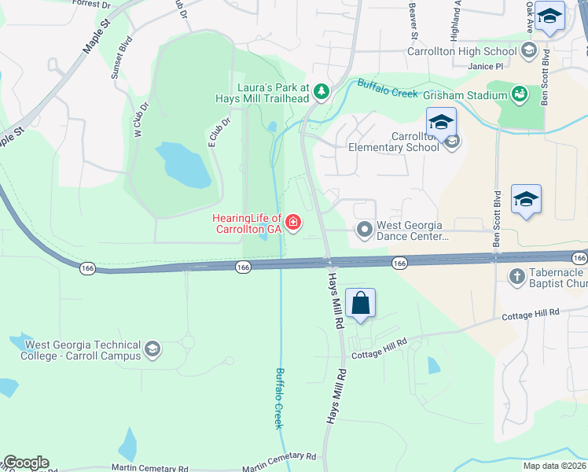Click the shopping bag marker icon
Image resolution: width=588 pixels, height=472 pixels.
click(360, 304)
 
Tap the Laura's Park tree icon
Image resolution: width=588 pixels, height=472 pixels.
click(321, 92)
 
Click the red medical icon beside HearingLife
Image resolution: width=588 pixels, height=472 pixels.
click(293, 224)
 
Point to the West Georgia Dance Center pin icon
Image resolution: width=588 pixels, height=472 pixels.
click(364, 230)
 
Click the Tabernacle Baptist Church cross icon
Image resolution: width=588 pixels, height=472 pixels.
click(516, 276)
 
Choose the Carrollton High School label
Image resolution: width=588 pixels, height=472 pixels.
click(462, 52)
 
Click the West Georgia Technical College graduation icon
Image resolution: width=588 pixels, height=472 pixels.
click(153, 349)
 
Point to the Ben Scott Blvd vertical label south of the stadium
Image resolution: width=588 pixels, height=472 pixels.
click(497, 218)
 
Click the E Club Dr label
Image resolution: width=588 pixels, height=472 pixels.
click(219, 132)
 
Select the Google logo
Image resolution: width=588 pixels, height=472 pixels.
click(26, 463)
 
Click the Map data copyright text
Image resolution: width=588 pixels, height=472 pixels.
click(554, 465)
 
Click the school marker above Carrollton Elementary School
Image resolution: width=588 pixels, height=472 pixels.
click(442, 122)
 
